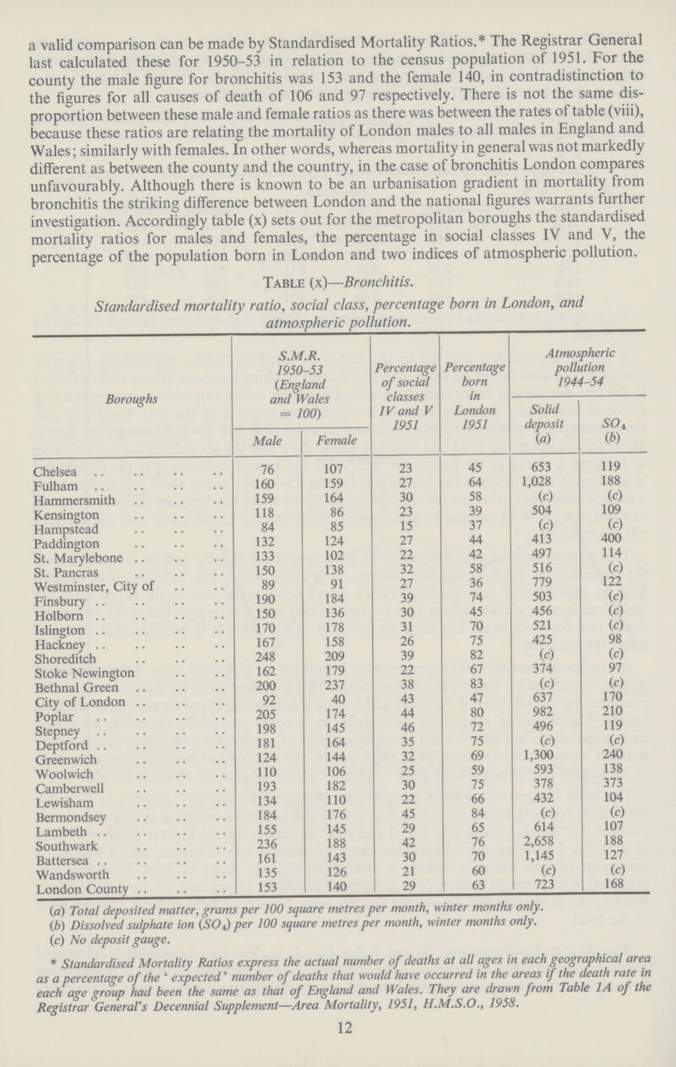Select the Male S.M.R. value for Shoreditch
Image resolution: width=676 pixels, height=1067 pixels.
(x=265, y=657)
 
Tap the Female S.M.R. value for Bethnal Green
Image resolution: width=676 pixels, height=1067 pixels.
(x=335, y=687)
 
